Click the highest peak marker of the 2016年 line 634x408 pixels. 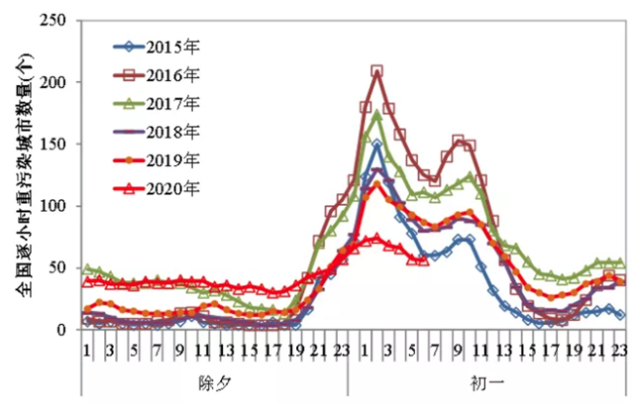tap(377, 71)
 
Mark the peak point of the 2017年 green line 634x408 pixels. tap(377, 114)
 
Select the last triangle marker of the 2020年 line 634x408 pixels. tap(424, 260)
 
